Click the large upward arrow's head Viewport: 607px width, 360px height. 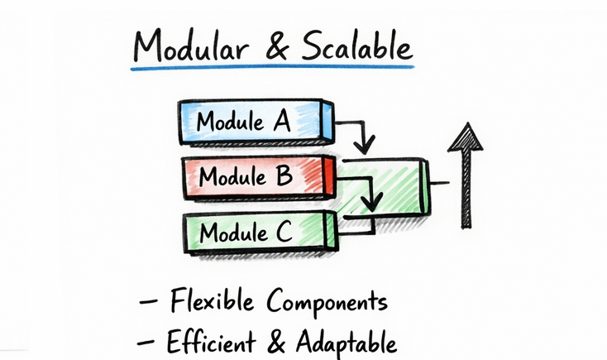point(466,137)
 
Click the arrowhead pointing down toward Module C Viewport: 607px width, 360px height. point(374,202)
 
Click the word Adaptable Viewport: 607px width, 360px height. point(348,341)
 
